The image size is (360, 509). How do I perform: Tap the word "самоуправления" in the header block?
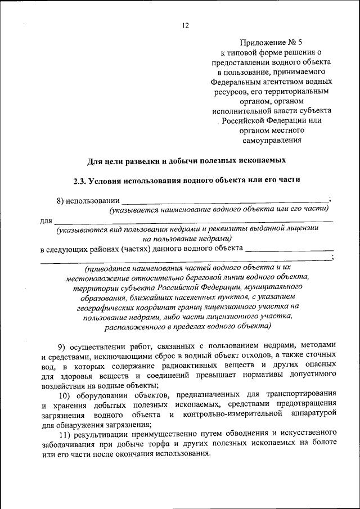272,141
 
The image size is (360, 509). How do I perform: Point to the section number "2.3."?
81,181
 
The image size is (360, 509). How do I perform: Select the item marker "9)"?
64,345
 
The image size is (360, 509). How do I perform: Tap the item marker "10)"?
65,394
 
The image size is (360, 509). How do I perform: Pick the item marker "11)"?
65,434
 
